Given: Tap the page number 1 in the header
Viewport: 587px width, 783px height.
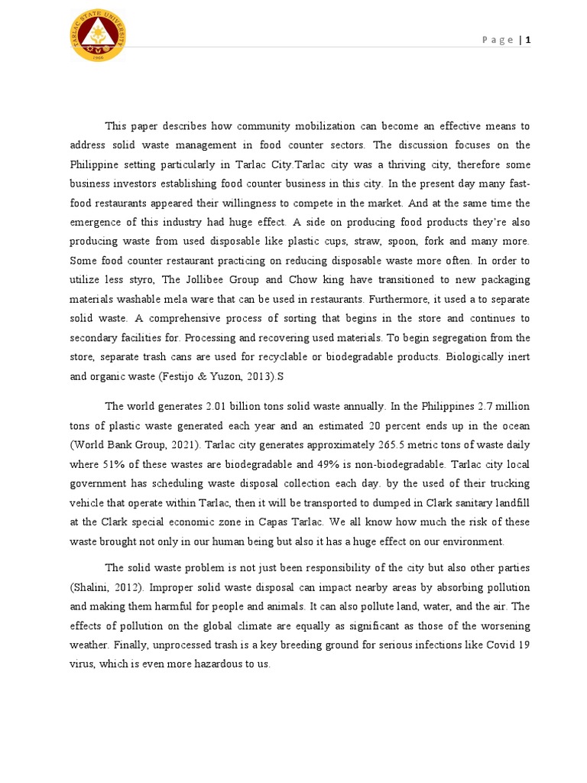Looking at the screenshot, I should tap(527, 41).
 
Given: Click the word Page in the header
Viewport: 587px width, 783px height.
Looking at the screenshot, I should tap(499, 41).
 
